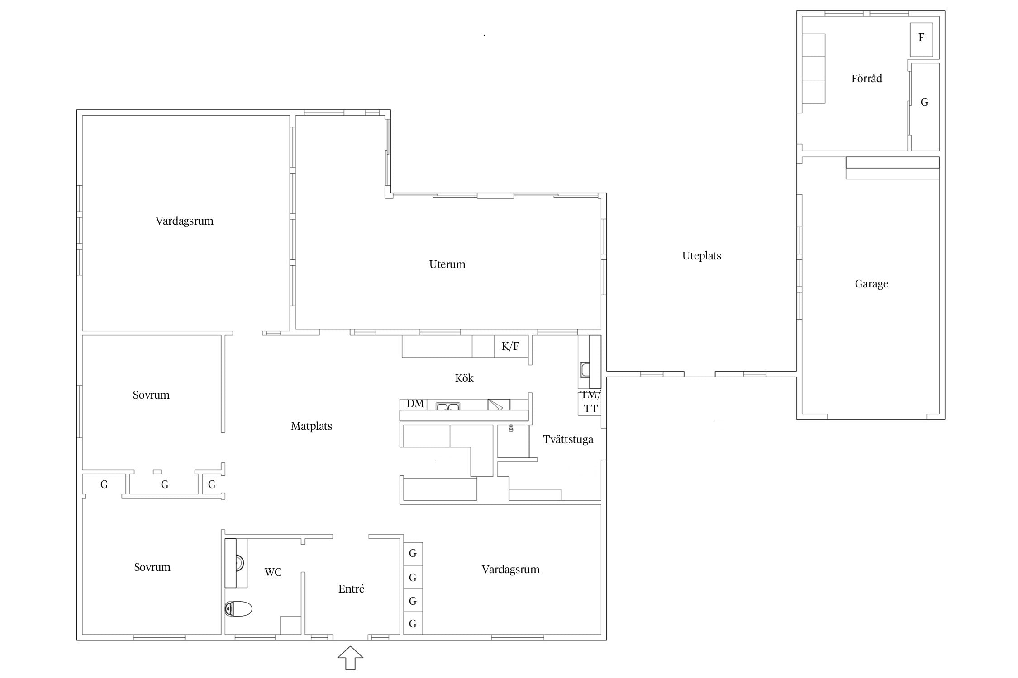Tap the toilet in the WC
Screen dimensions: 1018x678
coord(238,609)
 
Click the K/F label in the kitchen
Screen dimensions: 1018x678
coord(510,346)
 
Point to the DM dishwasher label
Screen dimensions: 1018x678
coord(415,404)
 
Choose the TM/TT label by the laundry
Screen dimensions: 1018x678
coord(590,401)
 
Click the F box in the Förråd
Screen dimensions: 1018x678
coord(922,40)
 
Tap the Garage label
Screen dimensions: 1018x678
coord(871,284)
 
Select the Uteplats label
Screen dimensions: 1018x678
coord(701,256)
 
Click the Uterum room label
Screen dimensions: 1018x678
coord(447,264)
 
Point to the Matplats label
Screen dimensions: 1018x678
coord(311,426)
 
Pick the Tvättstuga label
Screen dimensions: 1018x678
coord(568,439)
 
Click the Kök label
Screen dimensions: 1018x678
coord(464,378)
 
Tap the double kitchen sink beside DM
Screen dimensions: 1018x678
coord(448,406)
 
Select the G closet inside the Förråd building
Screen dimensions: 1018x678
coord(925,107)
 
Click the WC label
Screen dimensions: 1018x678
coord(273,572)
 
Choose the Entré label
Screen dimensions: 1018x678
coord(351,589)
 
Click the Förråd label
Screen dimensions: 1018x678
coord(866,79)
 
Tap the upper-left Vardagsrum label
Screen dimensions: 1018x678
coord(184,221)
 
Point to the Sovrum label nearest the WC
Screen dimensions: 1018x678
coord(152,567)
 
